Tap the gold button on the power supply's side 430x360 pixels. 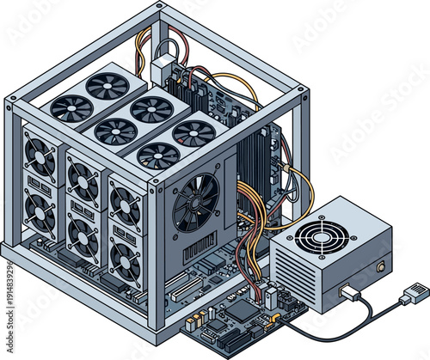coord(380,267)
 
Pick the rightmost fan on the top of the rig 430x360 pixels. coord(193,132)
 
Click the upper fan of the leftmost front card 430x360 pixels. coord(39,158)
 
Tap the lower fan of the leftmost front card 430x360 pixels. coord(40,208)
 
